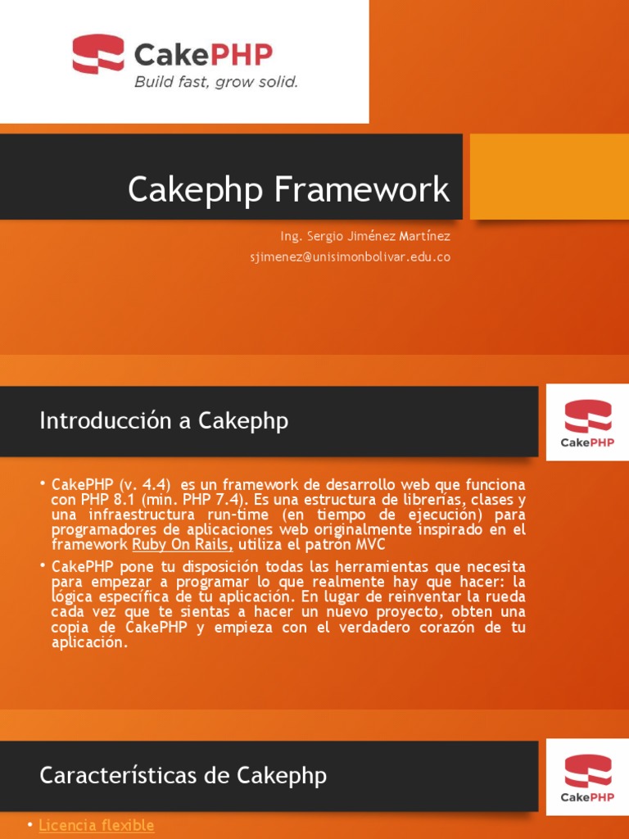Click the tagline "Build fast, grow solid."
215,82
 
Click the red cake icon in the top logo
97,53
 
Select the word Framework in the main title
361,190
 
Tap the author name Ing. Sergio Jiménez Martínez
364,236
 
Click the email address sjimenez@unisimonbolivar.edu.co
350,256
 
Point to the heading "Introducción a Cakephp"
164,421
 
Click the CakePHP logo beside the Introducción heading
587,422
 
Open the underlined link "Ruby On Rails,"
183,544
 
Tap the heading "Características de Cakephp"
183,775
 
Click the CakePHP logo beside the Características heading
587,776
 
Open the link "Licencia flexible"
96,825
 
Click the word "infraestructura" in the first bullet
130,515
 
